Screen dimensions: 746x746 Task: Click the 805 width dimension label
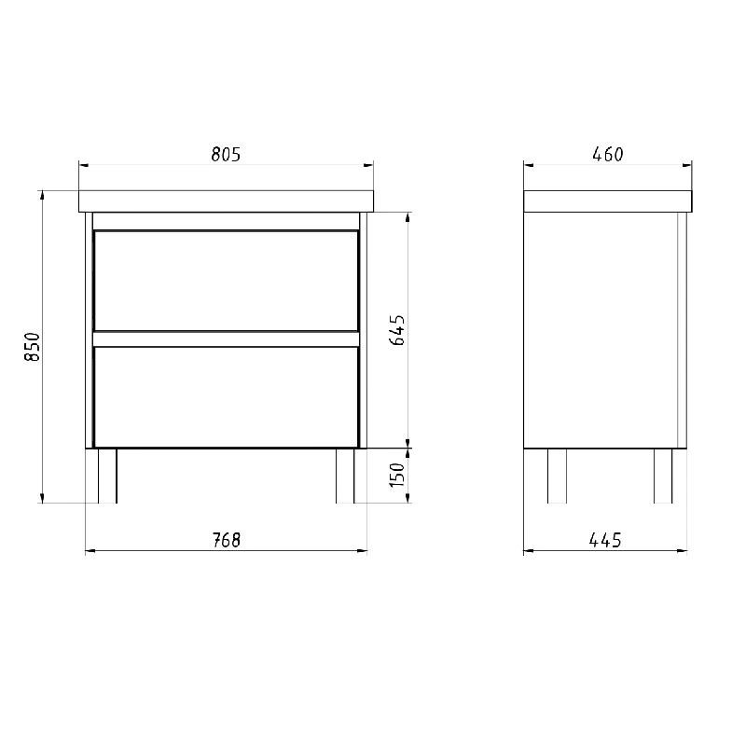click(226, 155)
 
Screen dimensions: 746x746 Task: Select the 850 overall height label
click(33, 347)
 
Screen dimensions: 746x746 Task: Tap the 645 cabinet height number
click(397, 330)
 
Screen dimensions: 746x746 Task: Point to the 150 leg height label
click(397, 475)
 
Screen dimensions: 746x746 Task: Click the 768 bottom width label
click(226, 540)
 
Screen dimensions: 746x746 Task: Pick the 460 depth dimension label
click(608, 154)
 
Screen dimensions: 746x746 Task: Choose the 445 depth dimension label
click(605, 540)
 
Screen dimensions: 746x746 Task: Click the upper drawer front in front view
click(226, 281)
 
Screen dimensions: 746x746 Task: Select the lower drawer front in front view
click(226, 397)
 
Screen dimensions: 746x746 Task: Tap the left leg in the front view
click(107, 476)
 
